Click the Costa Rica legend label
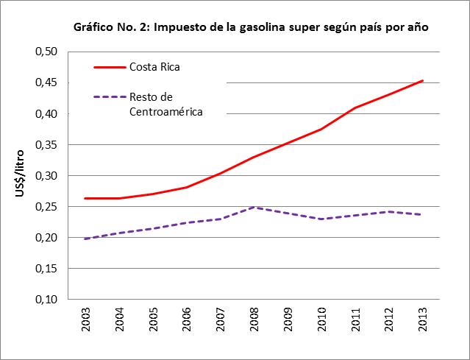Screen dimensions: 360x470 point(154,67)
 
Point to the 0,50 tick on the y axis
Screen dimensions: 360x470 point(46,52)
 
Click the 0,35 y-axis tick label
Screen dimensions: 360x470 point(46,144)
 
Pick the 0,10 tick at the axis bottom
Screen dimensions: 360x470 point(46,300)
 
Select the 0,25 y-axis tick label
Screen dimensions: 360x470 point(46,207)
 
